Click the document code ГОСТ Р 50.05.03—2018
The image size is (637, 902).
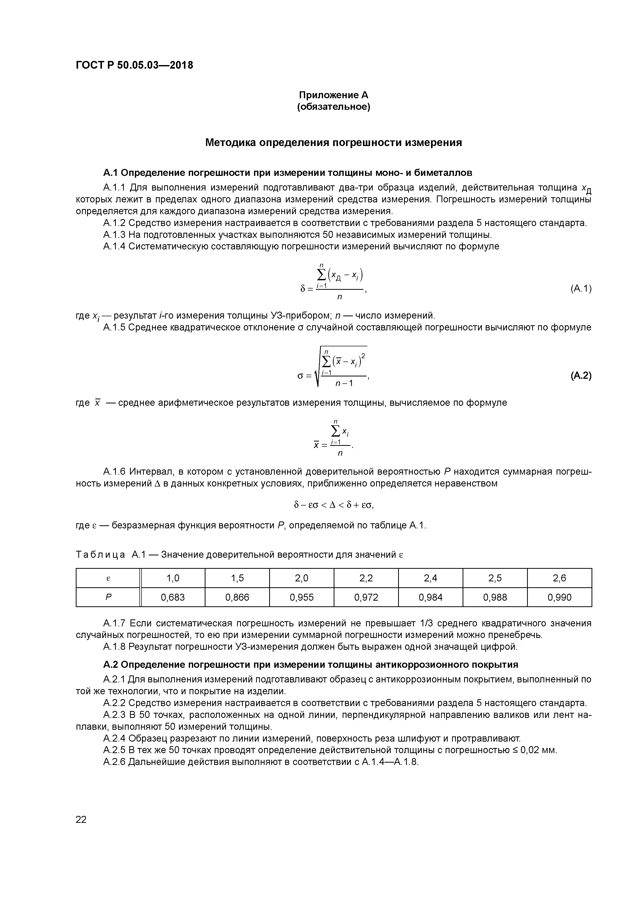134,65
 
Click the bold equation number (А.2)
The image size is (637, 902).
580,376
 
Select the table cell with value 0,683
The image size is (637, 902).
173,598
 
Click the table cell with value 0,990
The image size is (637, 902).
559,598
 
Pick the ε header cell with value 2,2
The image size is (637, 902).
366,578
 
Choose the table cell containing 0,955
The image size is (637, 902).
302,598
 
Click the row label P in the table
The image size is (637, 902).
108,598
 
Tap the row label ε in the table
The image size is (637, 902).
108,578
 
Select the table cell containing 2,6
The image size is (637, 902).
559,578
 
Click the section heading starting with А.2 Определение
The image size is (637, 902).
310,665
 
